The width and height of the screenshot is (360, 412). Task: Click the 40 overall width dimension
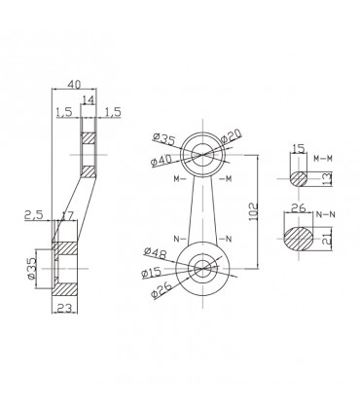[x=75, y=85]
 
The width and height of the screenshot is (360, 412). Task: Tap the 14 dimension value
[x=89, y=99]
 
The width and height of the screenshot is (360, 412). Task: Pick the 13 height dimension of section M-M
[x=326, y=177]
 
